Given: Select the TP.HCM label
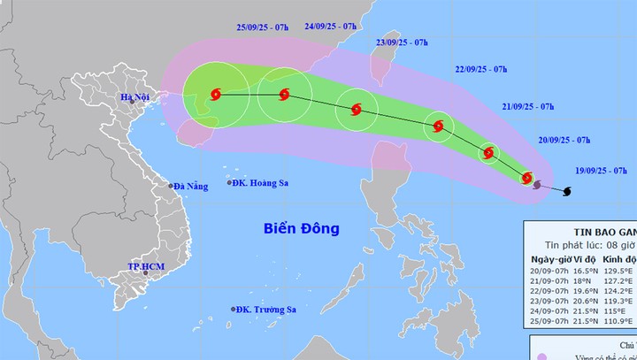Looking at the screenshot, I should coord(146,266).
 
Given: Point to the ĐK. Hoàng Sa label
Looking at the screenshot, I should coord(257,182).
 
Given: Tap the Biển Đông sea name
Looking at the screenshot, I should coord(301,229).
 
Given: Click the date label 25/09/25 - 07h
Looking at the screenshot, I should coord(238,27).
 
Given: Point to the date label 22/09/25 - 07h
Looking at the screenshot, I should coord(481,69).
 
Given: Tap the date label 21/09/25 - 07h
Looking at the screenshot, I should coord(528,107).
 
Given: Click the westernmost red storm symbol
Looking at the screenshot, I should coord(216,93).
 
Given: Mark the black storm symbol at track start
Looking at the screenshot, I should coord(566,190).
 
